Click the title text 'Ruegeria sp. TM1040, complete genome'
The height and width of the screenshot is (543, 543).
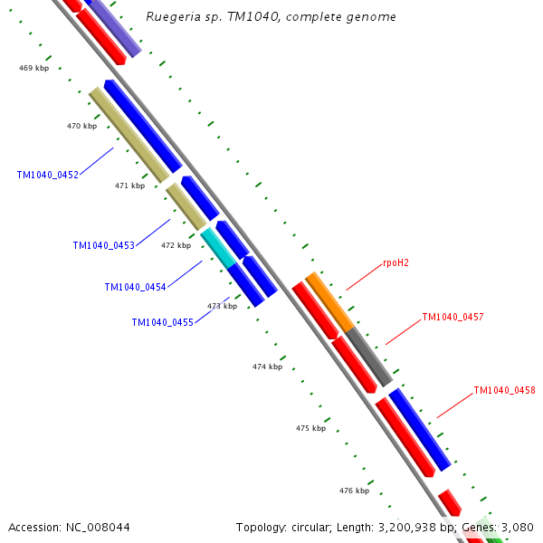coord(271,17)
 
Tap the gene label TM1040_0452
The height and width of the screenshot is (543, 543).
coord(47,175)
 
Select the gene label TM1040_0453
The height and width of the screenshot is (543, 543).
coord(103,245)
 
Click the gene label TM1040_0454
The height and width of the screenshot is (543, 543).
coord(135,287)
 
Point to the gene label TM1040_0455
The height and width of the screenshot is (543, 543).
coord(162,322)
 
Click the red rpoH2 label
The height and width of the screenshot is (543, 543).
coord(395,263)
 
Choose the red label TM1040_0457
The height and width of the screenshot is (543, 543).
coord(452,317)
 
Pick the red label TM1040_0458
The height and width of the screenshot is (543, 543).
coord(504,391)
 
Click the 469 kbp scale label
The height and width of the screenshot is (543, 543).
coord(33,68)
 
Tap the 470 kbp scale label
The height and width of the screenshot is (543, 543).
coord(81,126)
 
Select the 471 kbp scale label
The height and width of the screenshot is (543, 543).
coord(129,186)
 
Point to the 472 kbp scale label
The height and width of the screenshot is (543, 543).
coord(176,245)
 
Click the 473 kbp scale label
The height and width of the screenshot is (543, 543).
coord(222,306)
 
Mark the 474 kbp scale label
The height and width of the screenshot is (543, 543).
coord(267,367)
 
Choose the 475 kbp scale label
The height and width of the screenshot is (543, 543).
coord(310,428)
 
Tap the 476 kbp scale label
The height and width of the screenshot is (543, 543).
coord(354,491)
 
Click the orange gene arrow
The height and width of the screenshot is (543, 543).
coord(329,300)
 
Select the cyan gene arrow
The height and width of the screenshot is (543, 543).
coord(218,245)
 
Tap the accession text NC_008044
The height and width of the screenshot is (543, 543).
coord(69,527)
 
